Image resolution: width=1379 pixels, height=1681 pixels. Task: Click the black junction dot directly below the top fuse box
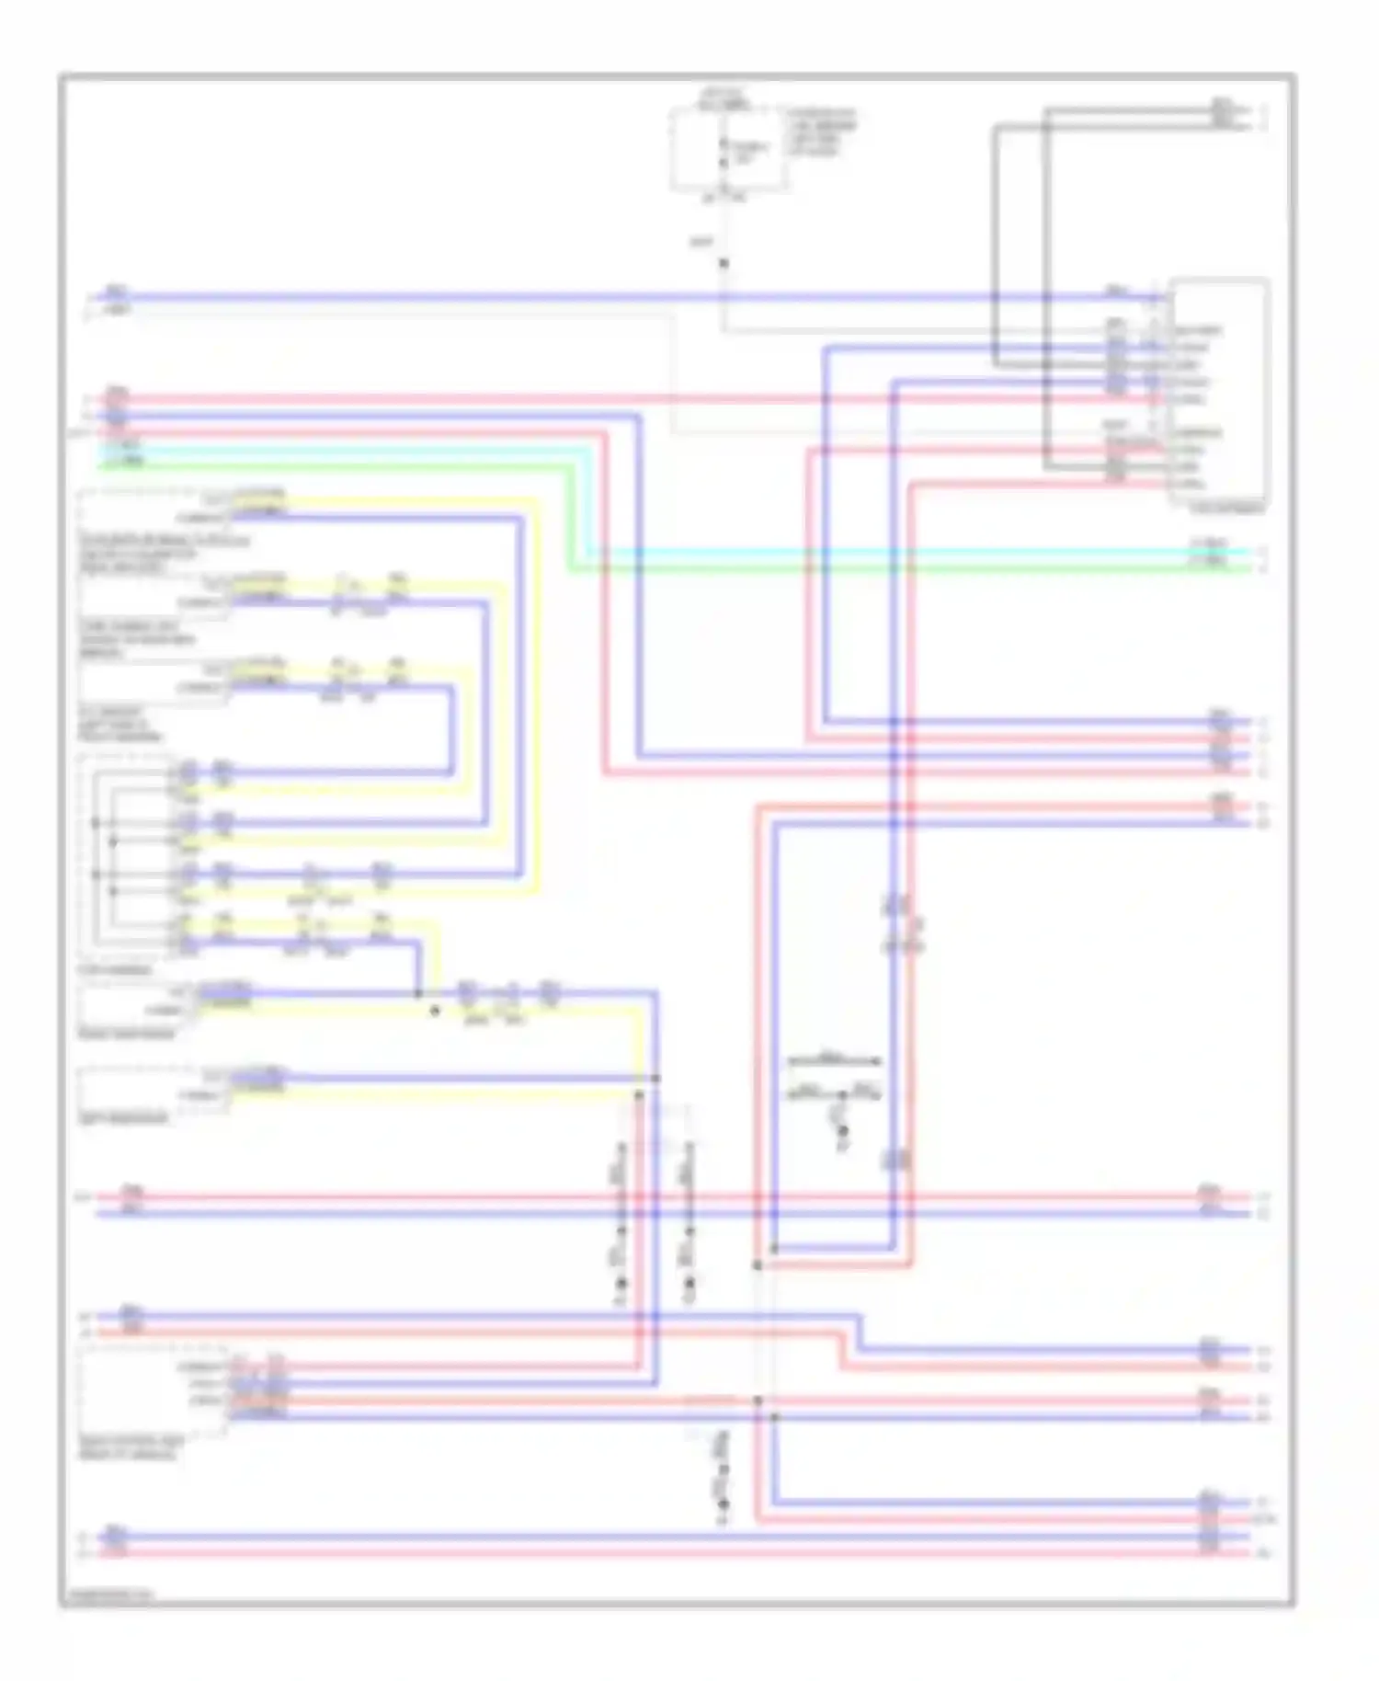coord(724,264)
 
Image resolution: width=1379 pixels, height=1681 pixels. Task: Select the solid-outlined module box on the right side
coord(1219,391)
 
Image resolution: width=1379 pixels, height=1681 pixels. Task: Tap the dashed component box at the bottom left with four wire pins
coord(152,1390)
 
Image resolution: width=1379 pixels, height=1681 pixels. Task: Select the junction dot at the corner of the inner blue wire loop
coord(774,1249)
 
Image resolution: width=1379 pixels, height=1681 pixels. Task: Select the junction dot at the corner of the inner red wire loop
coord(758,1265)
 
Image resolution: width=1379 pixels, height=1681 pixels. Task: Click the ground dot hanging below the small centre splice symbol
coord(842,1146)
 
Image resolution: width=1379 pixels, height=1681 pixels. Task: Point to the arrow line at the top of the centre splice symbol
coord(834,1061)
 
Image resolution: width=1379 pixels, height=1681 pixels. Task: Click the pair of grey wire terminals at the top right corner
coord(1223,117)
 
